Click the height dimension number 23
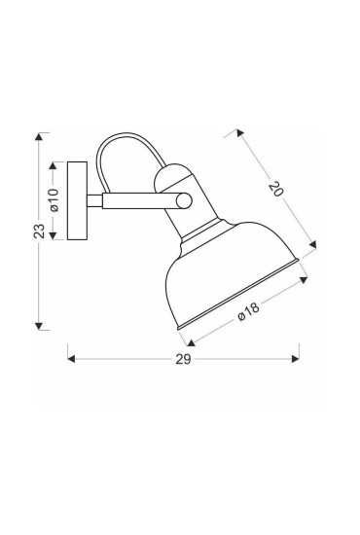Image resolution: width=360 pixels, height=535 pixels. (38, 230)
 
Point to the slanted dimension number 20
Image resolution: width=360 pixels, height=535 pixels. (275, 190)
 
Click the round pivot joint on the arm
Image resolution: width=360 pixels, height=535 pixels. (185, 200)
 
